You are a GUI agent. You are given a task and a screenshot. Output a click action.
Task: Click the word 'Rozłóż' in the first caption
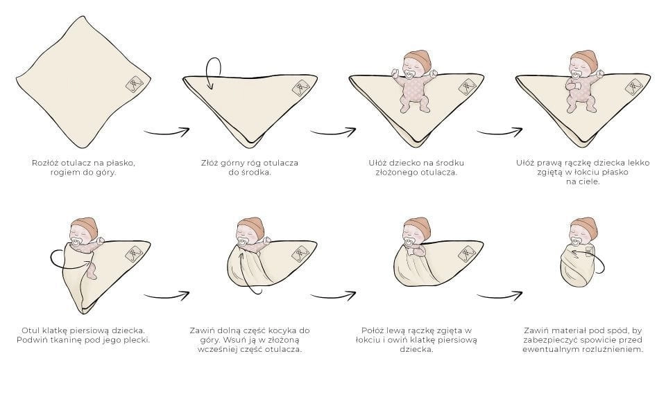point(45,163)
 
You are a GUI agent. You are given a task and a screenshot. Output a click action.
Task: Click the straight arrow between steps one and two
point(166,132)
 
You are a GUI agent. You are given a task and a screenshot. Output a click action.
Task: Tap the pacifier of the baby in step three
point(410,75)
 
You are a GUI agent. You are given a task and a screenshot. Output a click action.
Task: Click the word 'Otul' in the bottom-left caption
point(30,330)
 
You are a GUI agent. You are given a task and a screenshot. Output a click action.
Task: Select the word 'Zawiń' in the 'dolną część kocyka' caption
point(202,330)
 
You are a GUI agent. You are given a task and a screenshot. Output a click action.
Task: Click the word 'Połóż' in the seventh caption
point(374,330)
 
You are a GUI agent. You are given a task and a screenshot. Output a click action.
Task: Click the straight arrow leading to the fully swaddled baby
point(499,296)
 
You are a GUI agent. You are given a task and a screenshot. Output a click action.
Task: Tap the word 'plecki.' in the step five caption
point(137,340)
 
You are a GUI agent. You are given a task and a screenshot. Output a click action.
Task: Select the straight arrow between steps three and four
point(499,132)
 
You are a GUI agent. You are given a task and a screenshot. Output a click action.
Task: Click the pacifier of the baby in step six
point(243,243)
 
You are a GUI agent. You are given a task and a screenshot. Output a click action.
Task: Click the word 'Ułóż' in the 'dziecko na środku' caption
point(377,163)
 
